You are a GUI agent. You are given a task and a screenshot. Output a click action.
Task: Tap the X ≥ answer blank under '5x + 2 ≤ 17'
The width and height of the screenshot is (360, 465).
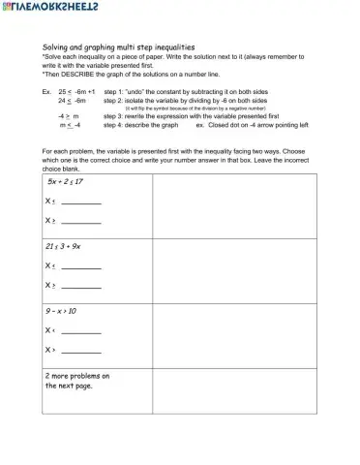point(81,222)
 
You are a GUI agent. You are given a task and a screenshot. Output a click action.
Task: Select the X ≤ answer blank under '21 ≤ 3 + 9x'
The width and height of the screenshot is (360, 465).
point(81,267)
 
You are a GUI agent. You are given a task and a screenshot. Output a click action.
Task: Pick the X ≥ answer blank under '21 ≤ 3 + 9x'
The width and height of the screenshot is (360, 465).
point(81,287)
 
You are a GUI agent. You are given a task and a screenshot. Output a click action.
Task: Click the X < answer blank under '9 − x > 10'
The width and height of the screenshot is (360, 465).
point(81,331)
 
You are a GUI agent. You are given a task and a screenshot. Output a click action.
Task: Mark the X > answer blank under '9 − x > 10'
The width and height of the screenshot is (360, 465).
point(81,351)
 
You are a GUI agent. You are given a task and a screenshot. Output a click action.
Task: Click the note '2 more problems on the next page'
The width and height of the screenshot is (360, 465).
point(77,380)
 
